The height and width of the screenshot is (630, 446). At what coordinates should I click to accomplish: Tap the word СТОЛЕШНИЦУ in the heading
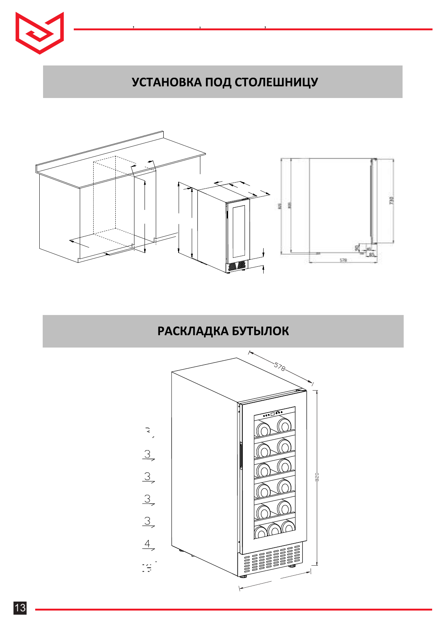pyautogui.click(x=276, y=82)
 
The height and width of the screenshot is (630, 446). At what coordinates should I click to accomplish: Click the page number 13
pyautogui.click(x=20, y=608)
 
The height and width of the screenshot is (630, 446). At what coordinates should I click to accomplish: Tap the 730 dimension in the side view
pyautogui.click(x=392, y=200)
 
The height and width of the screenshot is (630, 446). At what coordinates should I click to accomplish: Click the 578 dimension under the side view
pyautogui.click(x=343, y=260)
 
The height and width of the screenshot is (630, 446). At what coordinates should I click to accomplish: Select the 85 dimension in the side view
pyautogui.click(x=371, y=255)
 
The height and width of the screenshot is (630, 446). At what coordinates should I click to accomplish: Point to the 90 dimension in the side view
pyautogui.click(x=357, y=248)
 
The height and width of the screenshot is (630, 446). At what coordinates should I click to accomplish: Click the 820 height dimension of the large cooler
pyautogui.click(x=317, y=477)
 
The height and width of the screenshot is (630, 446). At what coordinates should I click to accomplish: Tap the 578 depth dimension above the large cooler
pyautogui.click(x=279, y=367)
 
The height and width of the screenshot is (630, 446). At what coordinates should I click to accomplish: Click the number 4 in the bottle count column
pyautogui.click(x=148, y=543)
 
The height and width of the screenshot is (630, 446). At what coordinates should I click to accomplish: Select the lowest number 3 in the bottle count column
pyautogui.click(x=148, y=521)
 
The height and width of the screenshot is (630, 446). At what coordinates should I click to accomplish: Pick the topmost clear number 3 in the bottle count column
pyautogui.click(x=148, y=454)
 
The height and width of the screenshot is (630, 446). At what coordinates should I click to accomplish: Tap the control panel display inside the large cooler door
pyautogui.click(x=272, y=414)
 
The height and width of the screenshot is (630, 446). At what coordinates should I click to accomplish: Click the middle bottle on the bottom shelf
pyautogui.click(x=274, y=530)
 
